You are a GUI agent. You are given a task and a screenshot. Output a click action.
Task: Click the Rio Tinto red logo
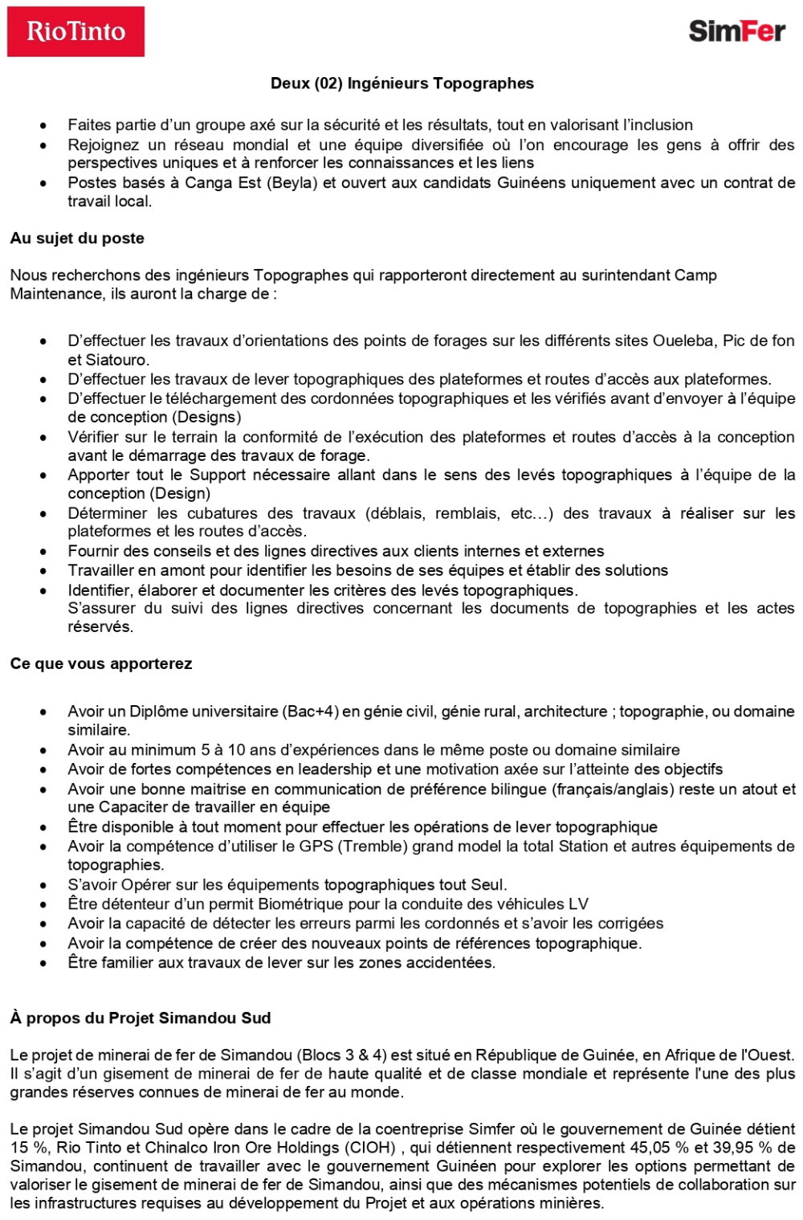75,31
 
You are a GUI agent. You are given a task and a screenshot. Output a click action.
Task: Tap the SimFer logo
736,31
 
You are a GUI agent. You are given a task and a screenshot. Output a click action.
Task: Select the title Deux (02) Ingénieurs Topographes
401,84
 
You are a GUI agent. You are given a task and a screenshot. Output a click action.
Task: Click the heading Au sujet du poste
77,239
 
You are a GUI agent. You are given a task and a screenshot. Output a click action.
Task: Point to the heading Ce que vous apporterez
101,664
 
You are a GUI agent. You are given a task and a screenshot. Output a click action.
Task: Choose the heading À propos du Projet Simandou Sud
141,1018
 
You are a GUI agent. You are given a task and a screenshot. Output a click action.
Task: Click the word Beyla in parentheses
292,183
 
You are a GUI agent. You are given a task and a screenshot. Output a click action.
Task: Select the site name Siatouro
117,360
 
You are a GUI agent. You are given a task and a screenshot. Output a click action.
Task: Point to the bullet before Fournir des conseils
43,552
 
